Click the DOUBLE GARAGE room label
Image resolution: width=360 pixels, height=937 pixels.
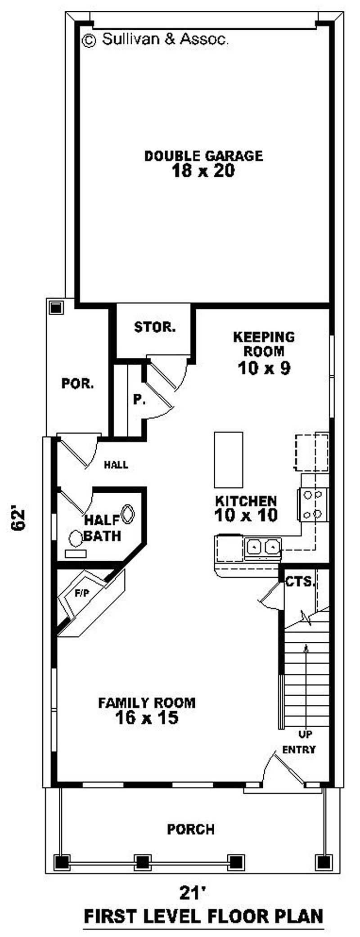tap(203, 156)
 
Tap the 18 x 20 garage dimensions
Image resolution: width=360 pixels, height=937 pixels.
tap(203, 171)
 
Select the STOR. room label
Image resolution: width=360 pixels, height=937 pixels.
tap(155, 327)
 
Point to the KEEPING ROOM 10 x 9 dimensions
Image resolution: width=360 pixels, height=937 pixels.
tap(264, 368)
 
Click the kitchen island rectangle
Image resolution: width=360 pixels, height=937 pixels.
tap(229, 459)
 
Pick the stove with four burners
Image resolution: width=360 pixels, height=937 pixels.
tap(313, 504)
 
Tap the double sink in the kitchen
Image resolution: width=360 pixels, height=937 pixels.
tap(263, 548)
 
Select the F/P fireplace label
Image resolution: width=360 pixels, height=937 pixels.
tap(81, 594)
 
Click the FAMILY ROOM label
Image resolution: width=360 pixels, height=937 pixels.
tap(147, 703)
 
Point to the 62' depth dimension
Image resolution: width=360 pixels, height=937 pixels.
tap(19, 520)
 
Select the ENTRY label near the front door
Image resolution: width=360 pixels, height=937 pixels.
tap(299, 750)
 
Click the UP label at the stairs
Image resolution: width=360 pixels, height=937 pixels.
tap(306, 734)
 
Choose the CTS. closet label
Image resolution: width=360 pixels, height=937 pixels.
tap(300, 582)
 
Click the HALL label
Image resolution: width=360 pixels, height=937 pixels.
tap(116, 465)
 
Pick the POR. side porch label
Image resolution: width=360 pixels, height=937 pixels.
tap(78, 384)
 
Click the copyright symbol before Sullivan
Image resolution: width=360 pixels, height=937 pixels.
tap(89, 40)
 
